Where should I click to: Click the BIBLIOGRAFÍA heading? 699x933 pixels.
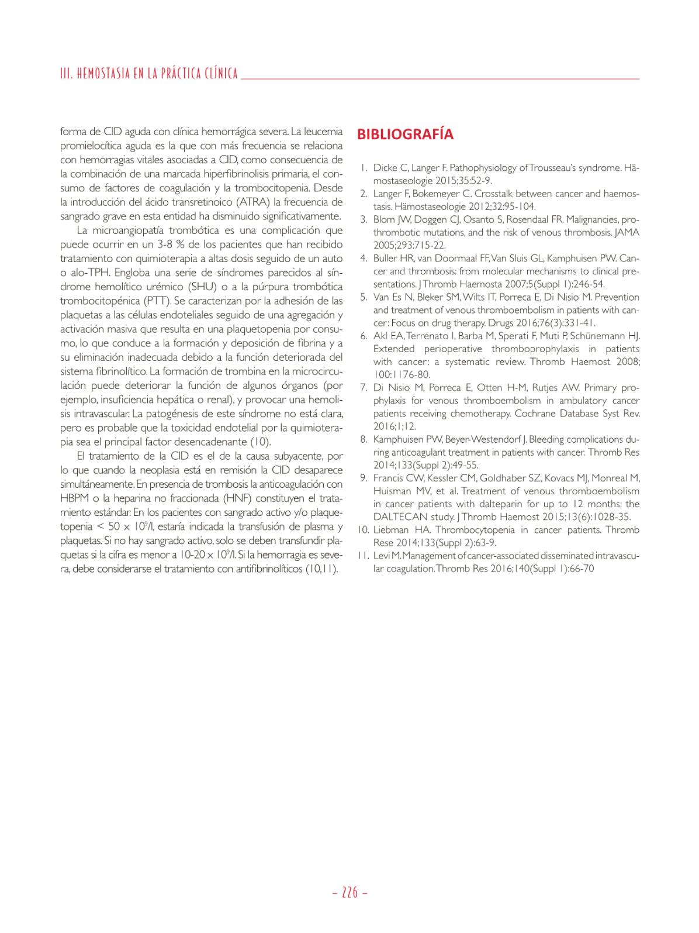pos(405,134)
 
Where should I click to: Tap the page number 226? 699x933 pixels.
pos(349,893)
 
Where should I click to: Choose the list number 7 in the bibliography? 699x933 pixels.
pos(363,388)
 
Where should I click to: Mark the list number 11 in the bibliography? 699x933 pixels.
pos(362,555)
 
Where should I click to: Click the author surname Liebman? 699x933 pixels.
pos(389,529)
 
